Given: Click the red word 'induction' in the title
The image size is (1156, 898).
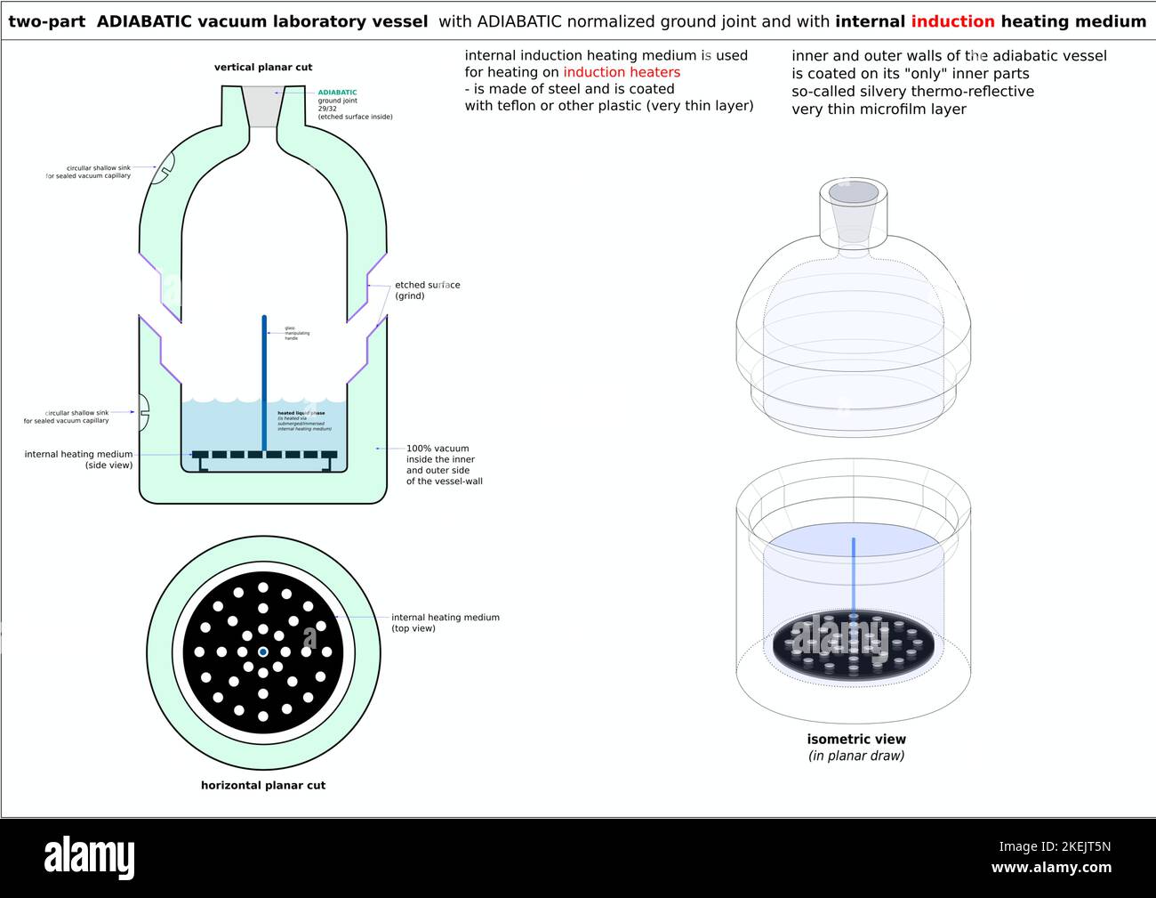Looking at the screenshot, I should click(952, 21).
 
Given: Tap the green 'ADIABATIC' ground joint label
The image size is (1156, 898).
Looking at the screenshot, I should click(337, 93).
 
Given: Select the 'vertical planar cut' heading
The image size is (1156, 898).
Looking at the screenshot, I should click(263, 67).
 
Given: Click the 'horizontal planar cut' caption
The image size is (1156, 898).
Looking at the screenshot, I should click(263, 785).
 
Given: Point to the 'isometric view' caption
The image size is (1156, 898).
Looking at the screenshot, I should click(856, 739).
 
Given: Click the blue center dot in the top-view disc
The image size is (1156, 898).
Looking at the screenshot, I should click(263, 652).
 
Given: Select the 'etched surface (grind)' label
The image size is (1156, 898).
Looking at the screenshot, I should click(427, 290).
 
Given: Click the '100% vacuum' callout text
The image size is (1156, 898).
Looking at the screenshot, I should click(438, 449).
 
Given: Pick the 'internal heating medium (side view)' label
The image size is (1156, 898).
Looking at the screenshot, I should click(78, 459).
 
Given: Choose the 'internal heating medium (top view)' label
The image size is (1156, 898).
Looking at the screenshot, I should click(445, 622).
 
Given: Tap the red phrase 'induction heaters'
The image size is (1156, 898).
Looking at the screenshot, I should click(622, 72).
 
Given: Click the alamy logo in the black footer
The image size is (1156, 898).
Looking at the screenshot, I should click(90, 858).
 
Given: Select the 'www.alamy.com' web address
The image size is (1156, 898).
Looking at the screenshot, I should click(1051, 868).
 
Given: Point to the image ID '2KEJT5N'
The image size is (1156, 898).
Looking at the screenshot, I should click(1055, 846).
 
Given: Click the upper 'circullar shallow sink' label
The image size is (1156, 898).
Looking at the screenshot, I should click(88, 172).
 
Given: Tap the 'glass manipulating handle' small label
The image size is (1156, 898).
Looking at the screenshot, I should click(297, 333).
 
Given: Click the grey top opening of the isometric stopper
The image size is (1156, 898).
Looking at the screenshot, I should click(854, 191).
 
